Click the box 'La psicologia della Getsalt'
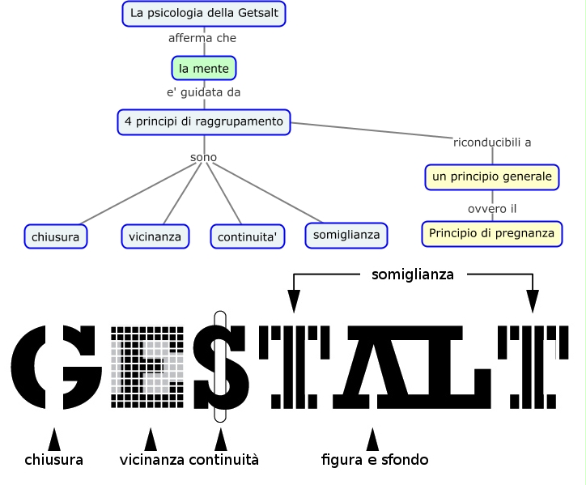coord(205,14)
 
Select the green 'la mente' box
coord(204,68)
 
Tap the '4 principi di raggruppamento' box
coord(204,121)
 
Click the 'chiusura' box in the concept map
coord(56,236)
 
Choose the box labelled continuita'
coord(248,236)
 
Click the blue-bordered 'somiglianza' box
coord(346,234)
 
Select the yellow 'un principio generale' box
coord(492,177)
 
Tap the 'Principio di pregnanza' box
coord(492,233)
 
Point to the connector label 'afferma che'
coord(202,38)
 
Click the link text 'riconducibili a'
coord(492,143)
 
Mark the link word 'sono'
coord(203,157)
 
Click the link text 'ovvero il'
coord(492,209)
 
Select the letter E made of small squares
coord(146,367)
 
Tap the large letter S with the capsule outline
coord(219,367)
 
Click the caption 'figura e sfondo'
coord(374,460)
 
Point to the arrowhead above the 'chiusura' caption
coord(54,439)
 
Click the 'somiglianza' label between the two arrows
coord(412,274)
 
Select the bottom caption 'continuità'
coord(223,460)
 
